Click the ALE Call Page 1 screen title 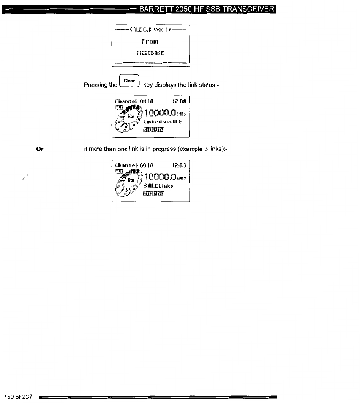(151, 29)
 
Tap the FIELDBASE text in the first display (151, 53)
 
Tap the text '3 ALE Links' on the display (159, 186)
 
